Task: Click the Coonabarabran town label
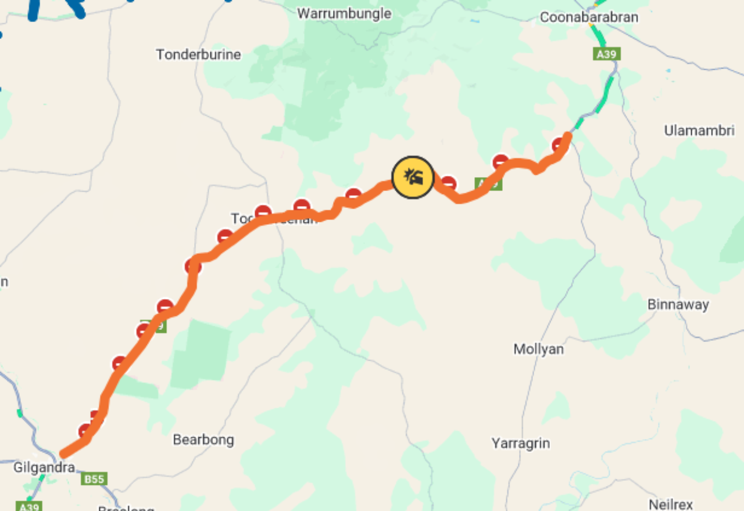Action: point(589,17)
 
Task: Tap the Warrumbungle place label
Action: point(344,13)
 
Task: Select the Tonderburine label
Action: point(198,55)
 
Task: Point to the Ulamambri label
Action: point(699,131)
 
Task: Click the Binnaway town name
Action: point(678,304)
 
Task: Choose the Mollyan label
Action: point(539,349)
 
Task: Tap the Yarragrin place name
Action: point(521,443)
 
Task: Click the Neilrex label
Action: point(671,504)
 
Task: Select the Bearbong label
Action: point(203,440)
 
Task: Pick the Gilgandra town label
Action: point(44,467)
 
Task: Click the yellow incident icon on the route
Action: point(413,177)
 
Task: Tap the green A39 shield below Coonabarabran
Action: point(607,55)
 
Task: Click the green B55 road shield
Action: point(94,479)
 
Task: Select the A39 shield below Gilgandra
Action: point(28,506)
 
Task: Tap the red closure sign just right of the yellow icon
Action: point(448,183)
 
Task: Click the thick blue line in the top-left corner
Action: point(35,9)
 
